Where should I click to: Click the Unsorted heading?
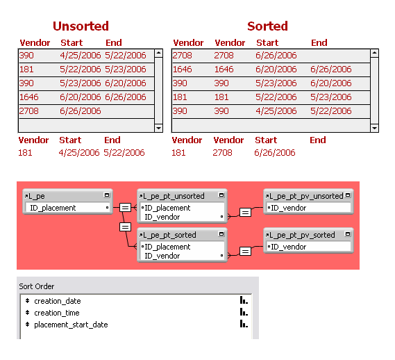(81, 26)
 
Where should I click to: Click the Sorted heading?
(267, 26)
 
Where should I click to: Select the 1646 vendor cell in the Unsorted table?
(28, 97)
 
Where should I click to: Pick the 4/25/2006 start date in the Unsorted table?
(80, 56)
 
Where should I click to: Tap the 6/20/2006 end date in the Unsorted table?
(126, 83)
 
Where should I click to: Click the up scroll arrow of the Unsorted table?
(158, 53)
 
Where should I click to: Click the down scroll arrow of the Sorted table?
(374, 128)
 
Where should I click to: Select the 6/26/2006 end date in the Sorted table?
(330, 69)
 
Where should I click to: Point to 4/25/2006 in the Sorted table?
(276, 111)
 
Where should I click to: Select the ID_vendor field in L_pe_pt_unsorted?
(162, 217)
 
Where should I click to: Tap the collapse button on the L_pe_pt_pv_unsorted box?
(348, 195)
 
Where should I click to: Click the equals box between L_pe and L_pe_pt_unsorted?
(125, 208)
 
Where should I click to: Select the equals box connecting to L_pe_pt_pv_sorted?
(245, 252)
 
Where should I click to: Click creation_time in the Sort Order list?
(57, 313)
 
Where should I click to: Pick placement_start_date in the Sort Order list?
(71, 325)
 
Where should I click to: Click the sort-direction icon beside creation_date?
(244, 300)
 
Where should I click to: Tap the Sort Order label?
(37, 286)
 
